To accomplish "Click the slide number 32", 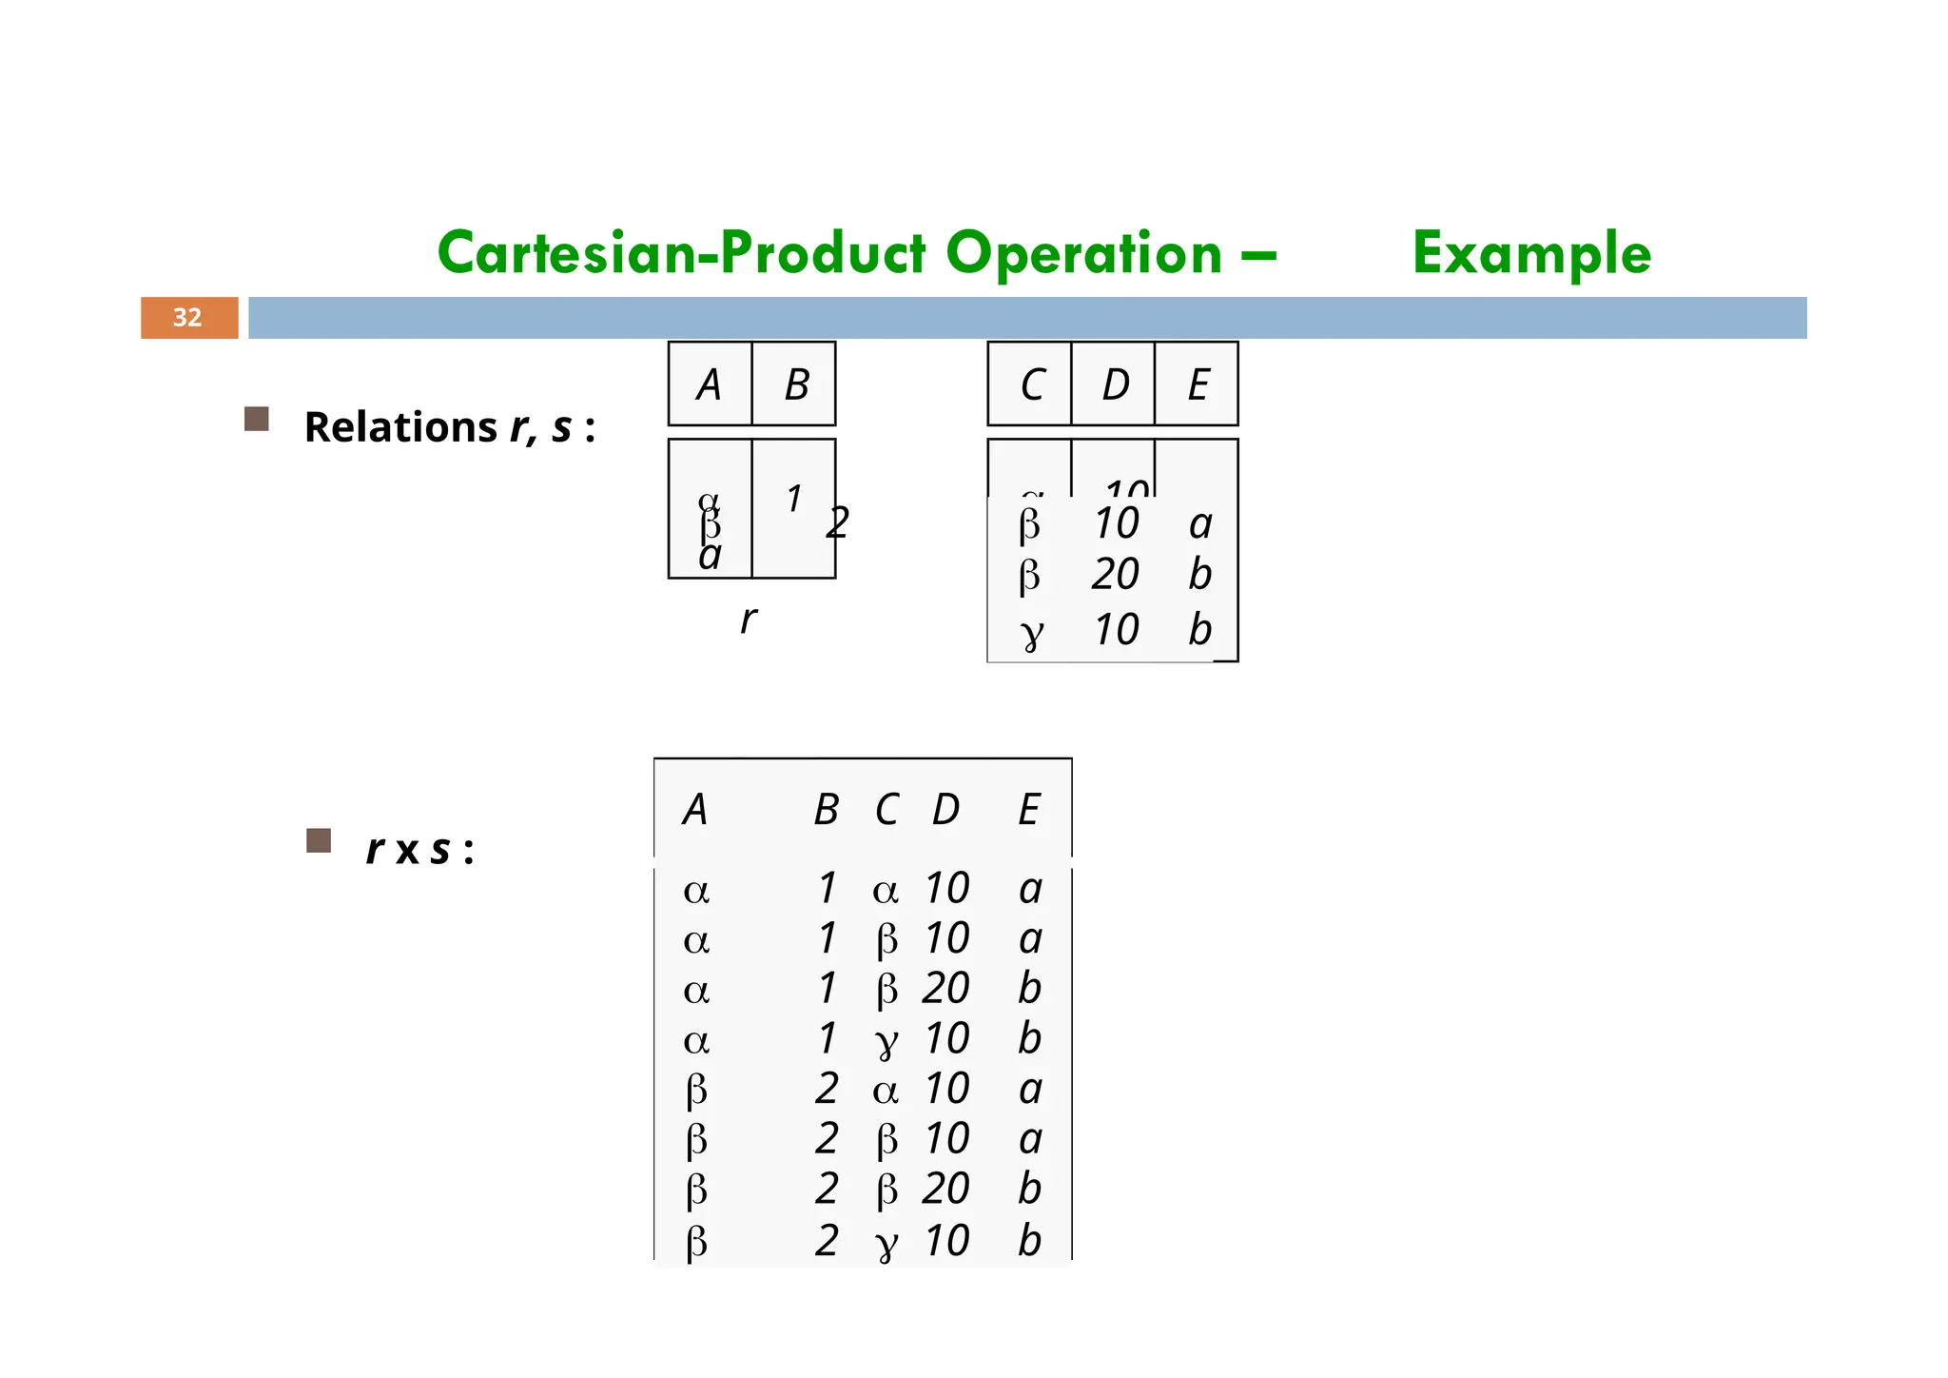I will [x=187, y=318].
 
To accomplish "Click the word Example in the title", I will [x=1531, y=254].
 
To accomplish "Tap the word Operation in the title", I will [x=1084, y=254].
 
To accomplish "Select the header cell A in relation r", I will [x=709, y=384].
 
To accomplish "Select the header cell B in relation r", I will [x=796, y=384].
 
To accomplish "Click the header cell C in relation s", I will [x=1031, y=384].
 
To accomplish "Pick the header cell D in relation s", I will [x=1115, y=384].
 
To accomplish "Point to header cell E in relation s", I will [x=1198, y=384].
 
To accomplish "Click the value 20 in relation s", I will [x=1115, y=575].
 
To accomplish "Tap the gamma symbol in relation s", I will [x=1031, y=632].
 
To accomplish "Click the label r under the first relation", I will [x=749, y=620].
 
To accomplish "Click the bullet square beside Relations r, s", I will [x=257, y=420].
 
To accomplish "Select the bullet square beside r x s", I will [x=319, y=840].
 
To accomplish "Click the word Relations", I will [x=400, y=427].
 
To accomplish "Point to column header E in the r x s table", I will [x=1028, y=810].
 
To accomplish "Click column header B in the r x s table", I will [x=826, y=810].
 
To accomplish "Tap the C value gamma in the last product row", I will [x=886, y=1243].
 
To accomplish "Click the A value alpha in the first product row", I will [x=696, y=891].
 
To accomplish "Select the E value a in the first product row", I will [x=1030, y=889].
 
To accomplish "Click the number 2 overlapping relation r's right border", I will [x=837, y=522].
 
